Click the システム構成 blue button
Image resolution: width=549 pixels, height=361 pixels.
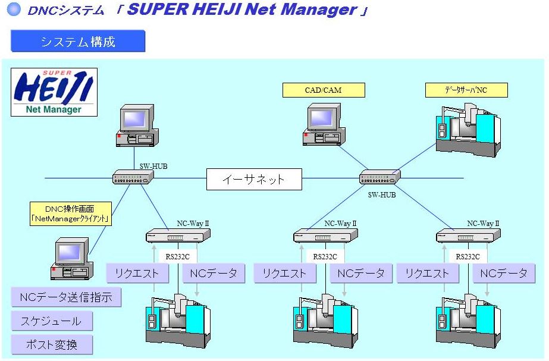click(78, 41)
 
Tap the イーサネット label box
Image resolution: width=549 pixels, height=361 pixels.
click(254, 179)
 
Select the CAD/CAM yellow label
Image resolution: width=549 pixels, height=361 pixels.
click(315, 90)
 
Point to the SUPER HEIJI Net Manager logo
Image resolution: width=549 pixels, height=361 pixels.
click(54, 92)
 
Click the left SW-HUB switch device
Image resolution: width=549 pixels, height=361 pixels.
click(134, 177)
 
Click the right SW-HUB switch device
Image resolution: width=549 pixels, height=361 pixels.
click(380, 176)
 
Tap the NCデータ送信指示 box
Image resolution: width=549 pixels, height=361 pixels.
click(66, 297)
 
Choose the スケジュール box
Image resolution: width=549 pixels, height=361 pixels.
click(52, 321)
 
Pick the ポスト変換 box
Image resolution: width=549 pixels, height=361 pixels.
click(52, 344)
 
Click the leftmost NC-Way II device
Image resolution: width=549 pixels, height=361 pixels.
click(178, 236)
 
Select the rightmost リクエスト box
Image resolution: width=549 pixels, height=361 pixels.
click(426, 273)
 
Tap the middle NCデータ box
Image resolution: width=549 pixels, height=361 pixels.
click(360, 273)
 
